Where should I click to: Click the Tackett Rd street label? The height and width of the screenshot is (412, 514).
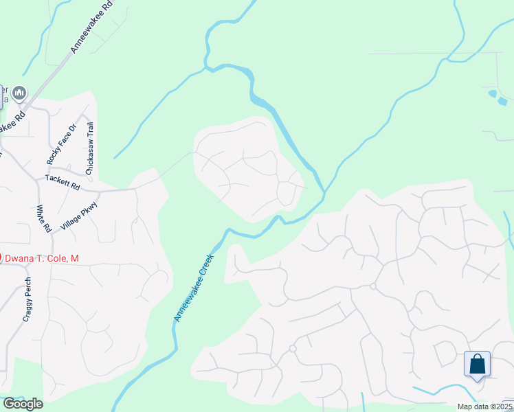(63, 182)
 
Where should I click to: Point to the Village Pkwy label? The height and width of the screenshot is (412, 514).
(80, 216)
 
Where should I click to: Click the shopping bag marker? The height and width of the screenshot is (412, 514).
(477, 364)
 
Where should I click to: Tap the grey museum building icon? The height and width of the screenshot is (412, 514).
(19, 92)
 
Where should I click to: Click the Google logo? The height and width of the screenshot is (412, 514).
(22, 404)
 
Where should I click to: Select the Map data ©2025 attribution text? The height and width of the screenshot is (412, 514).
(484, 407)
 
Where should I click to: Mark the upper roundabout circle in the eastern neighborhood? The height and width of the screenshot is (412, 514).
(372, 286)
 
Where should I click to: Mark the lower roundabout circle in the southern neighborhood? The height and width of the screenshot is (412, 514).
(292, 349)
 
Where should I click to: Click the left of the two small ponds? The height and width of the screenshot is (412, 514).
(492, 93)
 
